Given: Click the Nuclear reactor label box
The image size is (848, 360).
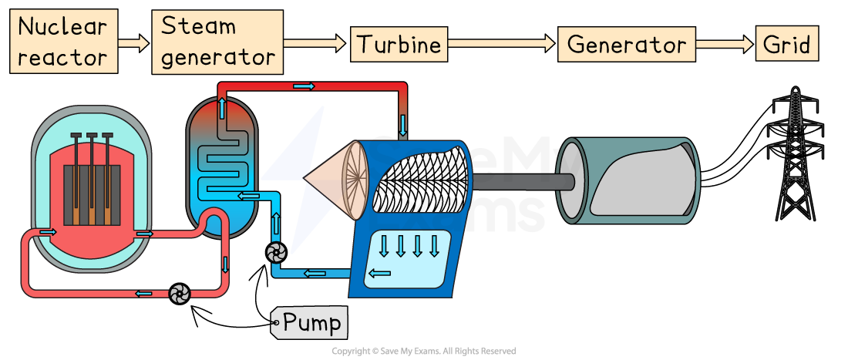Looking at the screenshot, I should [64, 42].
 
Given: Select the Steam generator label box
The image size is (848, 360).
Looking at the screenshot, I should [217, 42].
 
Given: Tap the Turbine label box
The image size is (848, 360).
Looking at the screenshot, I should [399, 44].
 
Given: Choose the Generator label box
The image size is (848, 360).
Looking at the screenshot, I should [626, 44].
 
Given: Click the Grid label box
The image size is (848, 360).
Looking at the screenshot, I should [786, 44].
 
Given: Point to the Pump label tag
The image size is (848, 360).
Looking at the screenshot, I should [310, 322].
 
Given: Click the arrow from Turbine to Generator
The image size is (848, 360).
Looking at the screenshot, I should [502, 44].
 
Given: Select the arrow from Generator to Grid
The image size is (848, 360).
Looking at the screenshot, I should [725, 44].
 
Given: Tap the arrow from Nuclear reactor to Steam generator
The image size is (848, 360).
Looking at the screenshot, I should [134, 44].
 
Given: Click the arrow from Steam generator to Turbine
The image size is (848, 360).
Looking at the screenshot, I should [315, 44].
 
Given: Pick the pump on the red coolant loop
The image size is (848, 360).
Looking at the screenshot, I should [179, 293].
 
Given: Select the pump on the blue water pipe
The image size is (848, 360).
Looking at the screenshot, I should [275, 251].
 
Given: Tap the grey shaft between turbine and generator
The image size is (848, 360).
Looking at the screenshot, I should [523, 182].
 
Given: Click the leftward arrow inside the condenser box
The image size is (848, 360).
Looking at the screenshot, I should [379, 272].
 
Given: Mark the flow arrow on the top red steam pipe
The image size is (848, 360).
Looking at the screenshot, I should [305, 86].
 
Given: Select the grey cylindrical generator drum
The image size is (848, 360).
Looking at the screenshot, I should [628, 182].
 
